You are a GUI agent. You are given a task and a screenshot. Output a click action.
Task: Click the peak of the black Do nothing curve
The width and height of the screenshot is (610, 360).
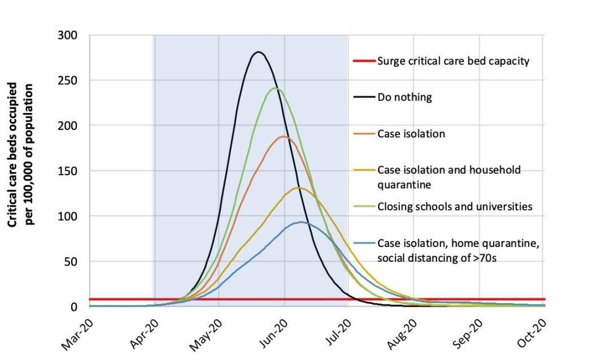[259, 52]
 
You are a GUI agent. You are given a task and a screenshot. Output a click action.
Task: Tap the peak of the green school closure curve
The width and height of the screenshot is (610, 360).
[276, 88]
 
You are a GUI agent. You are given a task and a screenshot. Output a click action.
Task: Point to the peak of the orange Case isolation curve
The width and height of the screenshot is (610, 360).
[284, 136]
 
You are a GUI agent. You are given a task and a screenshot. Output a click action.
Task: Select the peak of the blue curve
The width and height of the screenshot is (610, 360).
[301, 222]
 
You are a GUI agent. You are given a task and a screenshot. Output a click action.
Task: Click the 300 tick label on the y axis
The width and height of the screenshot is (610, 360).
[67, 35]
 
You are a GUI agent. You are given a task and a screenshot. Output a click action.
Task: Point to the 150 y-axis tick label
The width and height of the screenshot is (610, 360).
[67, 171]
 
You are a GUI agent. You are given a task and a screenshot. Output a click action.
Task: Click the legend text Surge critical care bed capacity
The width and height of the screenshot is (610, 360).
[453, 61]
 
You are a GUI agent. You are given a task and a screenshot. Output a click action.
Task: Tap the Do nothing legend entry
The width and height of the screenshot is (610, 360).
[404, 97]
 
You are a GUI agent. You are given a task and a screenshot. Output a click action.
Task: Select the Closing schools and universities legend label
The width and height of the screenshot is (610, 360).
[455, 207]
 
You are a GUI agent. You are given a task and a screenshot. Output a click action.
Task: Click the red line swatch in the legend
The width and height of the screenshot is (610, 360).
[364, 61]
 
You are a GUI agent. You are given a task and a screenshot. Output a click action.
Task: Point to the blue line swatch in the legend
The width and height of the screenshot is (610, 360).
[364, 244]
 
